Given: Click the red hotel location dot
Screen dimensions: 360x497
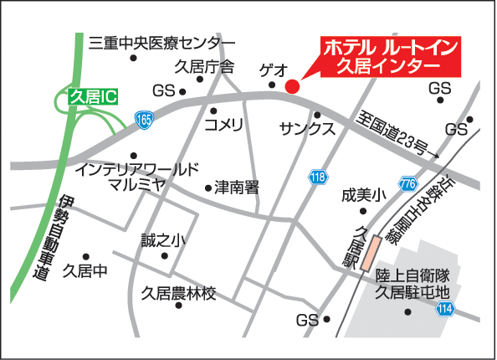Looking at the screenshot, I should click(292, 85).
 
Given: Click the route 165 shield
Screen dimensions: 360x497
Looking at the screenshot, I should click(144, 120).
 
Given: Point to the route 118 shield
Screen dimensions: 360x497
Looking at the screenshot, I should click(317, 177).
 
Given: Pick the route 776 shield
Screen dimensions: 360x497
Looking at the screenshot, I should click(407, 183).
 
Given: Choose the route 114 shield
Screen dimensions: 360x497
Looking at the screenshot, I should click(444, 309).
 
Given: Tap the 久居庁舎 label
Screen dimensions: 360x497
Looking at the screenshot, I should click(204, 66).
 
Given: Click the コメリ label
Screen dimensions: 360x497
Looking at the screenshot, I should click(223, 126).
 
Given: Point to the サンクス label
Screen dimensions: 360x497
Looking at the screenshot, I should click(307, 130).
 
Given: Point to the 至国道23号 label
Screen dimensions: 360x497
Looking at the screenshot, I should click(394, 134).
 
